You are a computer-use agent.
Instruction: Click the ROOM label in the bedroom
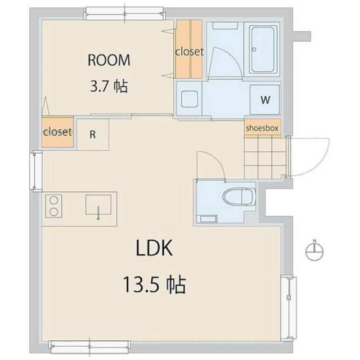coord(109,60)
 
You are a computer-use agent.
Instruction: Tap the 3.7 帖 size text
coord(109,86)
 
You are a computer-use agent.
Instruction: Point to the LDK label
coord(154,248)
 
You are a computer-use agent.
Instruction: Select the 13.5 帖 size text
coord(155,285)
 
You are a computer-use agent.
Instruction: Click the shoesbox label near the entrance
coord(262,128)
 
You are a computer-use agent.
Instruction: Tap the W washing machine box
coord(265,100)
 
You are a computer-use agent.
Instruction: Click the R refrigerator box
coord(93,134)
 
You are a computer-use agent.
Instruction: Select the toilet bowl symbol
coord(239,197)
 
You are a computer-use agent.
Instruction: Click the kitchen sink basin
coord(98,205)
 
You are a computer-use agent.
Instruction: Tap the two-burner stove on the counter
coord(54,206)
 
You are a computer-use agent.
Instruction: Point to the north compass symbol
coord(314,250)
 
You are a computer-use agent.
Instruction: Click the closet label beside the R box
coord(57,132)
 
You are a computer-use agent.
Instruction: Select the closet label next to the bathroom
coord(189,52)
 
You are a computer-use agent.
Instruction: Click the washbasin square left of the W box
coord(190,99)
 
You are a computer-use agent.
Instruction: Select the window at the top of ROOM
coord(125,13)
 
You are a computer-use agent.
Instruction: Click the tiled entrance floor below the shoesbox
coord(265,158)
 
